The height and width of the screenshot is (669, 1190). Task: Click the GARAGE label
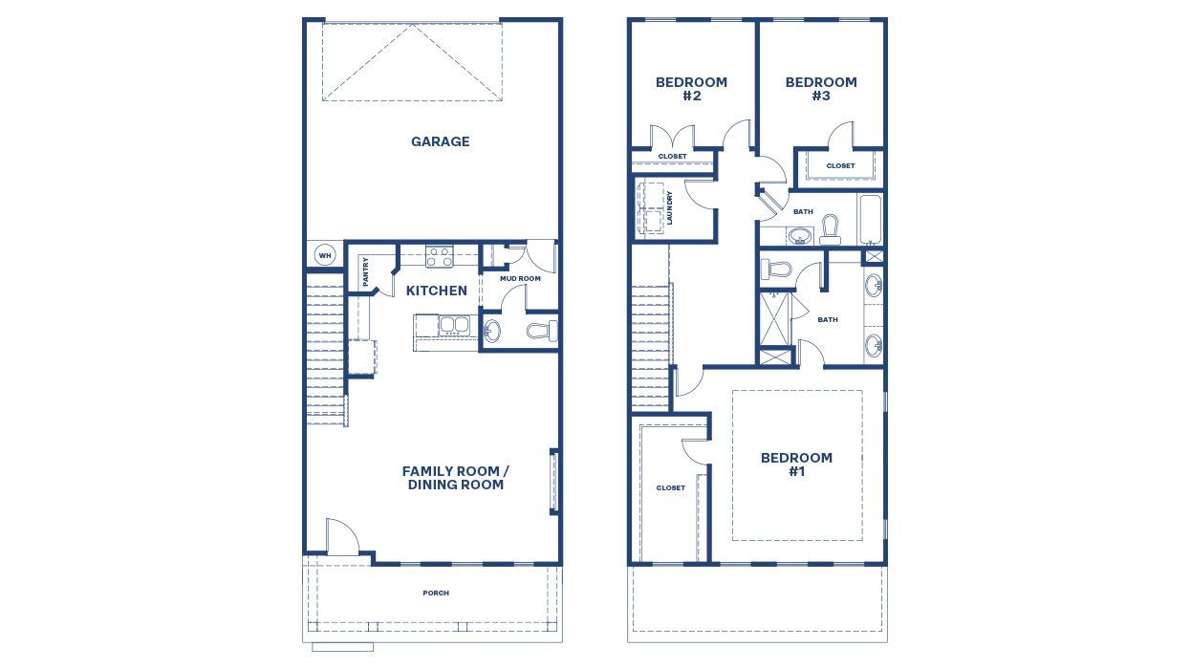[440, 141]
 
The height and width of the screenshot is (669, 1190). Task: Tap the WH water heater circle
[324, 256]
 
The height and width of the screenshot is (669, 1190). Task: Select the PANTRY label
[365, 271]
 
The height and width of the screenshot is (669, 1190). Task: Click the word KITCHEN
[437, 291]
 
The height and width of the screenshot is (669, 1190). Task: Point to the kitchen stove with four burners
[439, 256]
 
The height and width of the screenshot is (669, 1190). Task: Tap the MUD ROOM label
[520, 279]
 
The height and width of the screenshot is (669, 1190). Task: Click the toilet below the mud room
[542, 332]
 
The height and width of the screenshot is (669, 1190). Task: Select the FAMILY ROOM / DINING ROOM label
[456, 478]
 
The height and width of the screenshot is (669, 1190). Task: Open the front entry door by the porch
[341, 540]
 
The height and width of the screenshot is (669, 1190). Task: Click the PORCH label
[436, 593]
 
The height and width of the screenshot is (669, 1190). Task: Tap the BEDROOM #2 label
[691, 89]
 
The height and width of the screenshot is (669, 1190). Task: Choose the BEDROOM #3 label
[821, 89]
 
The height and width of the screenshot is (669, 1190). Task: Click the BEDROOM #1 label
[796, 464]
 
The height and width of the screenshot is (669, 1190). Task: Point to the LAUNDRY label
[670, 207]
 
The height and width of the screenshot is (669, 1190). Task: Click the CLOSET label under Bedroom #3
[840, 165]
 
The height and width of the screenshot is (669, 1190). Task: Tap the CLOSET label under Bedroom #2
[672, 156]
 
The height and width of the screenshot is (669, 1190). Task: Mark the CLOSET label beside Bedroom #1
[670, 487]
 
